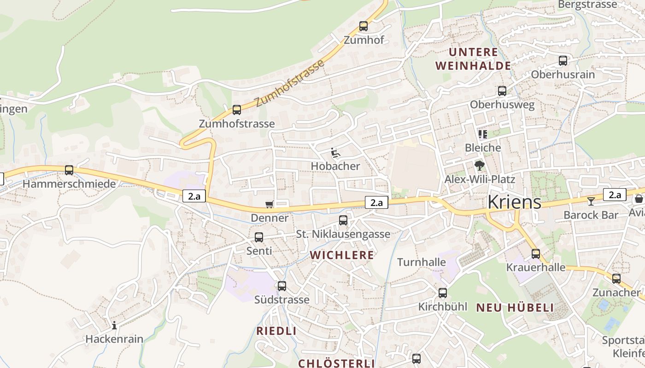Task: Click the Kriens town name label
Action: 514,201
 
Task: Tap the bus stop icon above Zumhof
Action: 364,26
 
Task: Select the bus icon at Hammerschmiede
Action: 69,170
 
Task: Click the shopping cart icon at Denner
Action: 270,204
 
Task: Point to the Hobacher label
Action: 335,166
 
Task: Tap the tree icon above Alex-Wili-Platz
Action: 480,165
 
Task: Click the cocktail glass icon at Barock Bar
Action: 591,201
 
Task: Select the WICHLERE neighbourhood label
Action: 342,255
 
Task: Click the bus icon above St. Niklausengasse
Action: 343,220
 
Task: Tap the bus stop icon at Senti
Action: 259,237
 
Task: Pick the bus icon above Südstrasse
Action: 282,286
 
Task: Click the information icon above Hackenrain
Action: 114,326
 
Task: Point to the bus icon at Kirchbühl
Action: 443,293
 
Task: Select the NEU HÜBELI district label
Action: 515,308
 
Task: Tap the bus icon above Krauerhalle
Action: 536,254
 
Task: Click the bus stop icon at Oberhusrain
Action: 563,61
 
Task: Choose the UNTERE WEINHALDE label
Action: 473,59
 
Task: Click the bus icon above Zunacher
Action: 616,279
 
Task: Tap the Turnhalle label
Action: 422,262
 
